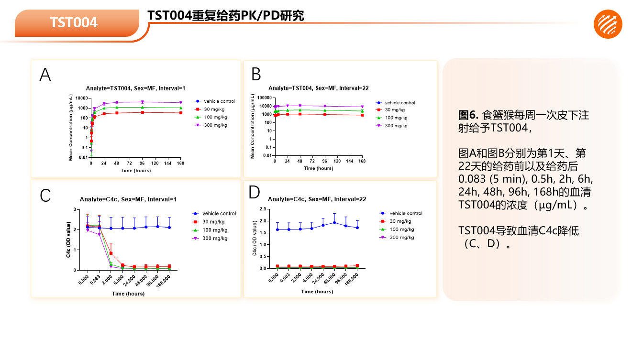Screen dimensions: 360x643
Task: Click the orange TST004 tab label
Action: [x=74, y=22]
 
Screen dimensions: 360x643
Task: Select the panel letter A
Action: [x=45, y=75]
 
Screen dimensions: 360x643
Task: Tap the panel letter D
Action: [x=255, y=192]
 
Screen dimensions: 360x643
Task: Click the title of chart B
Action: [x=318, y=88]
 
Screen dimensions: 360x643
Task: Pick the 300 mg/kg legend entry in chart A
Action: [x=215, y=125]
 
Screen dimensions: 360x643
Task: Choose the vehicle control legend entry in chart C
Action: [x=219, y=214]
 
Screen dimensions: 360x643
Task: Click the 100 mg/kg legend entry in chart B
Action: [x=397, y=118]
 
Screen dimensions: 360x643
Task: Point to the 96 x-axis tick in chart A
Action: [x=142, y=163]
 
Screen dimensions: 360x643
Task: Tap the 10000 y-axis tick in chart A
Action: [x=81, y=98]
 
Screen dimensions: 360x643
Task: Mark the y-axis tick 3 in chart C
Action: [x=75, y=209]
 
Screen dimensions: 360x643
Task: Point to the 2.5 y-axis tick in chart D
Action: [x=263, y=209]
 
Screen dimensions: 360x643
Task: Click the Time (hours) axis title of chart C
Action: [x=128, y=294]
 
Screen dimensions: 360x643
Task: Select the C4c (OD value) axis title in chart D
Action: [x=255, y=239]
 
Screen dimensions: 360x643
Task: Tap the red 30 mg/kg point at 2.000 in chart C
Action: [x=111, y=253]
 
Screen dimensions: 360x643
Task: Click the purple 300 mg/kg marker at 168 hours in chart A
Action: [x=180, y=103]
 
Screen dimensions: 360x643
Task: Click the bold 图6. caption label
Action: [x=468, y=115]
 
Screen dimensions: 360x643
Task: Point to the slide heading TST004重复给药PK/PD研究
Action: [x=226, y=16]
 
